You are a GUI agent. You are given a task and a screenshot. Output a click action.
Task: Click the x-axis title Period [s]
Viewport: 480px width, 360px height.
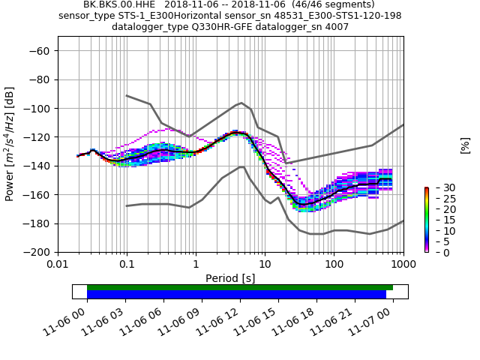tap(230, 278)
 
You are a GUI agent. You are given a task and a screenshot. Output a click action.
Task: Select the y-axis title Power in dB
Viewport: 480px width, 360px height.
tap(10, 144)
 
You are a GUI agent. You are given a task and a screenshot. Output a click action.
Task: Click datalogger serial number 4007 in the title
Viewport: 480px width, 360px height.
tap(335, 27)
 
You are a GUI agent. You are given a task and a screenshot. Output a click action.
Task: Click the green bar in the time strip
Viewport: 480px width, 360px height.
tap(240, 287)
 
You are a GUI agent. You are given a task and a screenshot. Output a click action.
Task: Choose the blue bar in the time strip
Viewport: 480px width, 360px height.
tap(236, 295)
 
